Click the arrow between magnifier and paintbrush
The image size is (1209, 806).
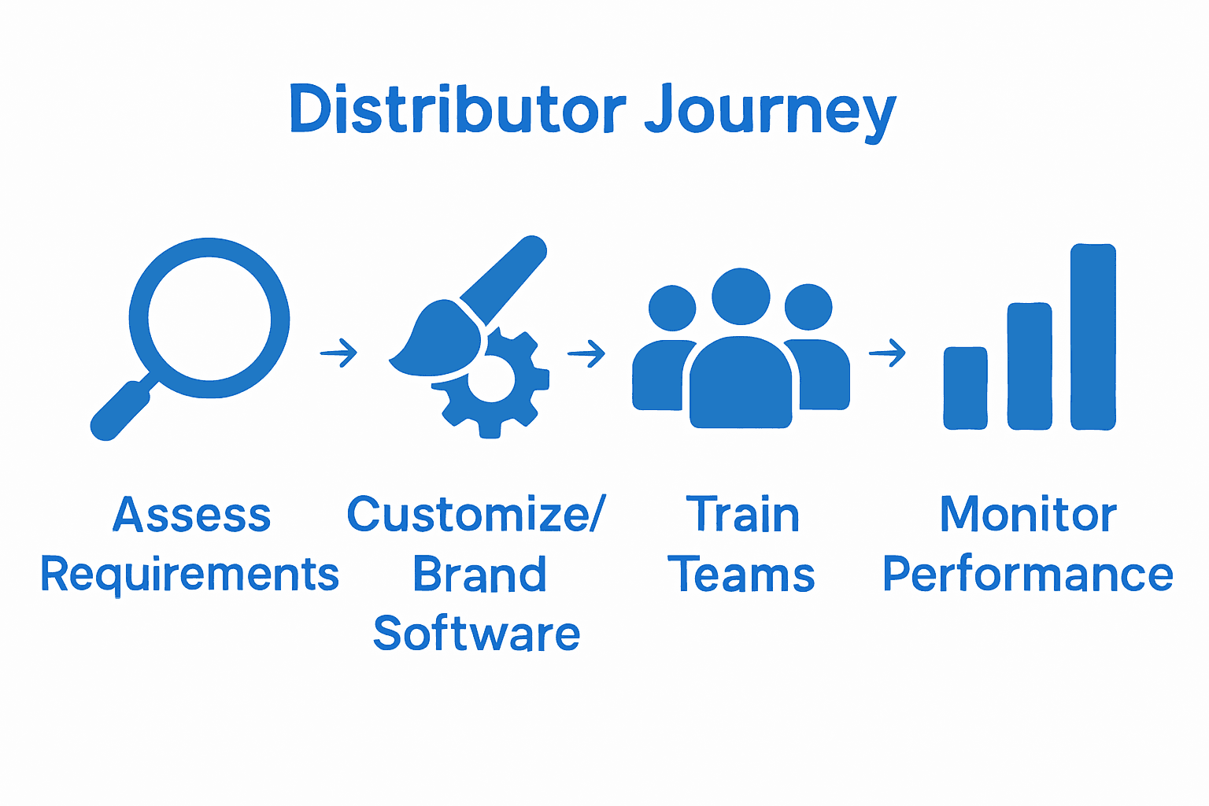(339, 353)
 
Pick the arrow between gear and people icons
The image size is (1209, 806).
(586, 353)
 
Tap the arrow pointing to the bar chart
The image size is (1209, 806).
(887, 353)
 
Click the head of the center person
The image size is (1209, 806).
(741, 296)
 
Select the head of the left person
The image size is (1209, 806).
(671, 308)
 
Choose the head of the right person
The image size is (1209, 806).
(808, 307)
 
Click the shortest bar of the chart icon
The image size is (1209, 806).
(966, 388)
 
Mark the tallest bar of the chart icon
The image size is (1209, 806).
(1093, 337)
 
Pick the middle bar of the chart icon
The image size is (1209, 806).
(1030, 366)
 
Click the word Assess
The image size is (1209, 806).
(192, 516)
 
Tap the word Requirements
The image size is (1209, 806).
(190, 575)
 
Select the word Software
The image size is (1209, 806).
(477, 634)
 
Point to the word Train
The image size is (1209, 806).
(742, 516)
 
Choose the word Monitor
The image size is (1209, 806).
(1029, 516)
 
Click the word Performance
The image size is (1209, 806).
(1028, 575)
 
